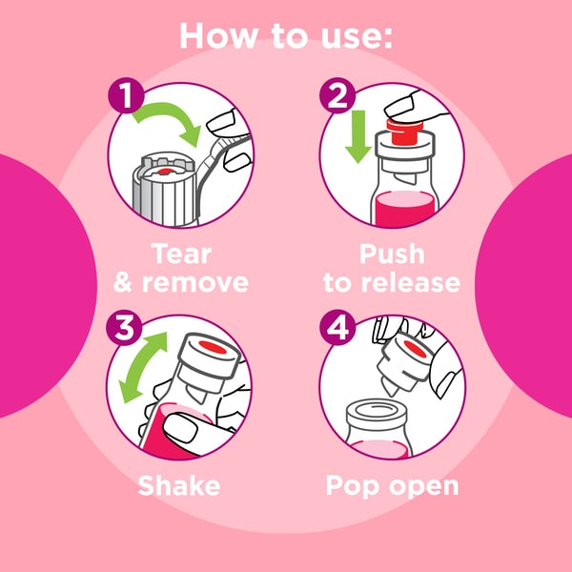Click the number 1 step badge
(126, 95)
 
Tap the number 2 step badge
(337, 95)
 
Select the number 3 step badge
(124, 327)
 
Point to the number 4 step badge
(337, 327)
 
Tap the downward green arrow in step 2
(357, 136)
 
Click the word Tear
(181, 254)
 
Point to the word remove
(195, 283)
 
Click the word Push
(392, 254)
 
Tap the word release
(410, 283)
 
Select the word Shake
(179, 485)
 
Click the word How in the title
(218, 36)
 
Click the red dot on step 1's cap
(165, 172)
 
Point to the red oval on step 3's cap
(213, 347)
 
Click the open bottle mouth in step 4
(376, 411)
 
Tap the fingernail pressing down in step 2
(399, 105)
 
